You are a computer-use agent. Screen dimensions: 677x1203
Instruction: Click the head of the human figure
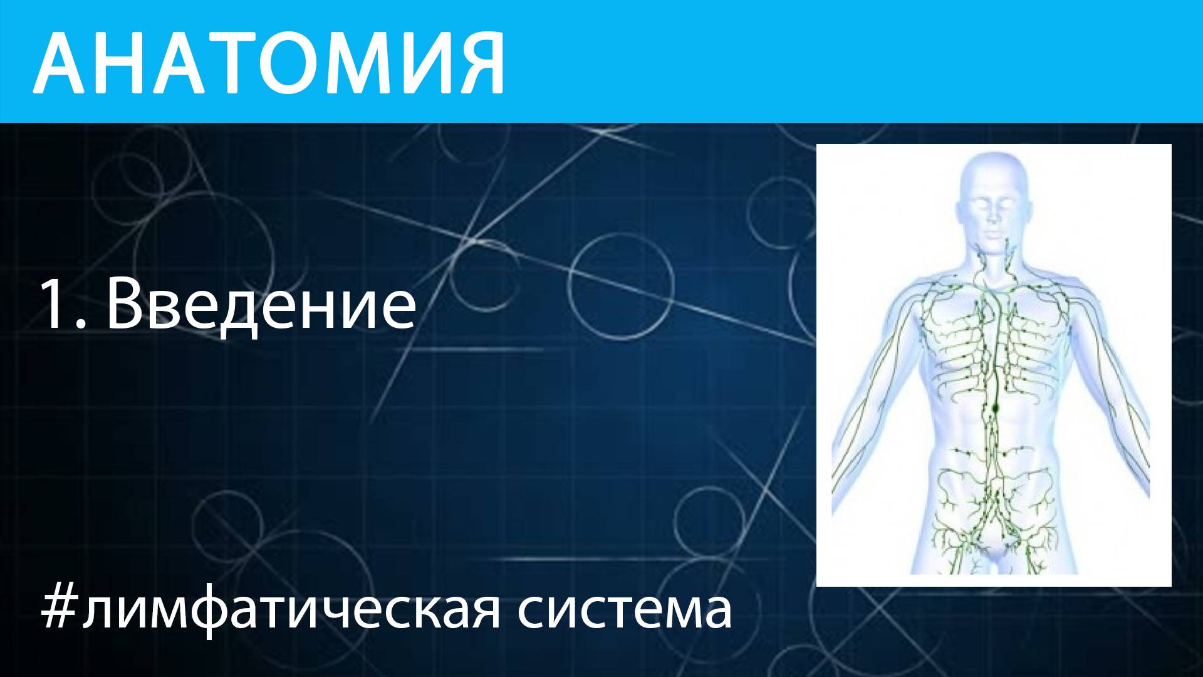click(993, 194)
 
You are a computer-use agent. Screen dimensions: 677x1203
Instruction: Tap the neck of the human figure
click(992, 260)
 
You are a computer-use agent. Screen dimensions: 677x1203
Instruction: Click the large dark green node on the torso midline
click(994, 408)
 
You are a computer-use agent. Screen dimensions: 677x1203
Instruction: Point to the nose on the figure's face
click(992, 217)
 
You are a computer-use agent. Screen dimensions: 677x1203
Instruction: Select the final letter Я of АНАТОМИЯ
click(476, 62)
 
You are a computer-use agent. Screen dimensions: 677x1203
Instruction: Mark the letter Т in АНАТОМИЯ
click(209, 62)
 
